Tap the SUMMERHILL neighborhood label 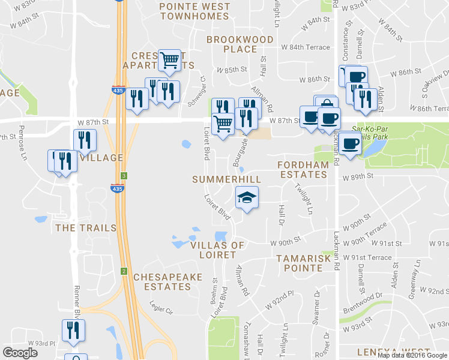pyautogui.click(x=226, y=179)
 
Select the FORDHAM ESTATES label pyautogui.click(x=302, y=169)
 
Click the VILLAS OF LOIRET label pyautogui.click(x=217, y=250)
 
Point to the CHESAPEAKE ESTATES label pyautogui.click(x=162, y=282)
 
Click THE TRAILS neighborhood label pyautogui.click(x=82, y=228)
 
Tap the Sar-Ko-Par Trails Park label pyautogui.click(x=375, y=133)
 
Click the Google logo pyautogui.click(x=20, y=353)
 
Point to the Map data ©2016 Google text pyautogui.click(x=412, y=355)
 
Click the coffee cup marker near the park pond pyautogui.click(x=351, y=144)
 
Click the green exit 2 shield pyautogui.click(x=122, y=271)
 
